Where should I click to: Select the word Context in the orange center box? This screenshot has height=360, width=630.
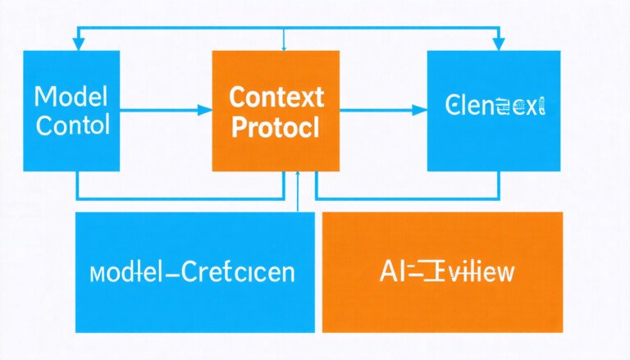(276, 98)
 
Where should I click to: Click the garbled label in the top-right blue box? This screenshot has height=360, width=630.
(495, 107)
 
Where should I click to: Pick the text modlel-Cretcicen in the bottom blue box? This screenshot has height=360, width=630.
(194, 272)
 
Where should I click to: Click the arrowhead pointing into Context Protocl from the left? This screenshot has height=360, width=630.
(206, 109)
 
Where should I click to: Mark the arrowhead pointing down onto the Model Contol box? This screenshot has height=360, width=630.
(78, 44)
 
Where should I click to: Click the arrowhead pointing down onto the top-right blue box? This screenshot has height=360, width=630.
(498, 44)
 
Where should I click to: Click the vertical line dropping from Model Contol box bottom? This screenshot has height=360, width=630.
(78, 185)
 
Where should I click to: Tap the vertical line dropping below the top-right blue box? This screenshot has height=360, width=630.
(498, 185)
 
